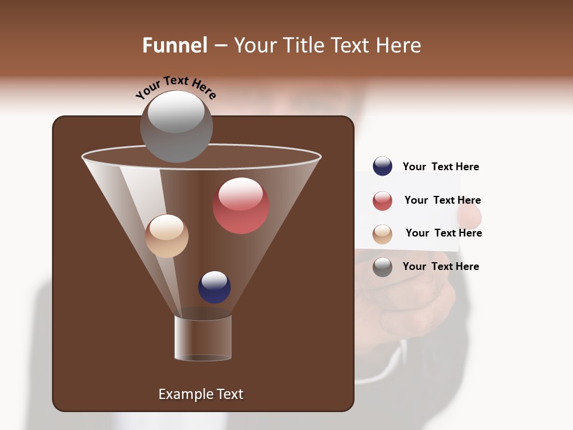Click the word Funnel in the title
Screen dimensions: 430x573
coord(174,45)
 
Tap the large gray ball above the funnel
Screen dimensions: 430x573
coord(176,127)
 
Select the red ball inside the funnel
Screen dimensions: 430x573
coord(241,206)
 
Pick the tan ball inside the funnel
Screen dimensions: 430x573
coord(167,236)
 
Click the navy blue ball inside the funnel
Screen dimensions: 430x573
coord(214,287)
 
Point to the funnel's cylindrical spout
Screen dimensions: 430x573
coord(203,338)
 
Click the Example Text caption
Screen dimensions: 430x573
coord(201,394)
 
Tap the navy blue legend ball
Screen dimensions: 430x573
coord(383,167)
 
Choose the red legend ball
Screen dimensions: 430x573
coord(383,201)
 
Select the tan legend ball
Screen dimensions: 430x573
coord(383,234)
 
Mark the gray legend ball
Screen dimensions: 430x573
coord(383,267)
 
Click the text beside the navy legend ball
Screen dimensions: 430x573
coord(440,167)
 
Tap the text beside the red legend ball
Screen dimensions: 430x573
coord(442,200)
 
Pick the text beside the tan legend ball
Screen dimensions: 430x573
coord(443,233)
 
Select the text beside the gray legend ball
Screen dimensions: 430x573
coord(440,266)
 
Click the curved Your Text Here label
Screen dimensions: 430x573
coord(176,87)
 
